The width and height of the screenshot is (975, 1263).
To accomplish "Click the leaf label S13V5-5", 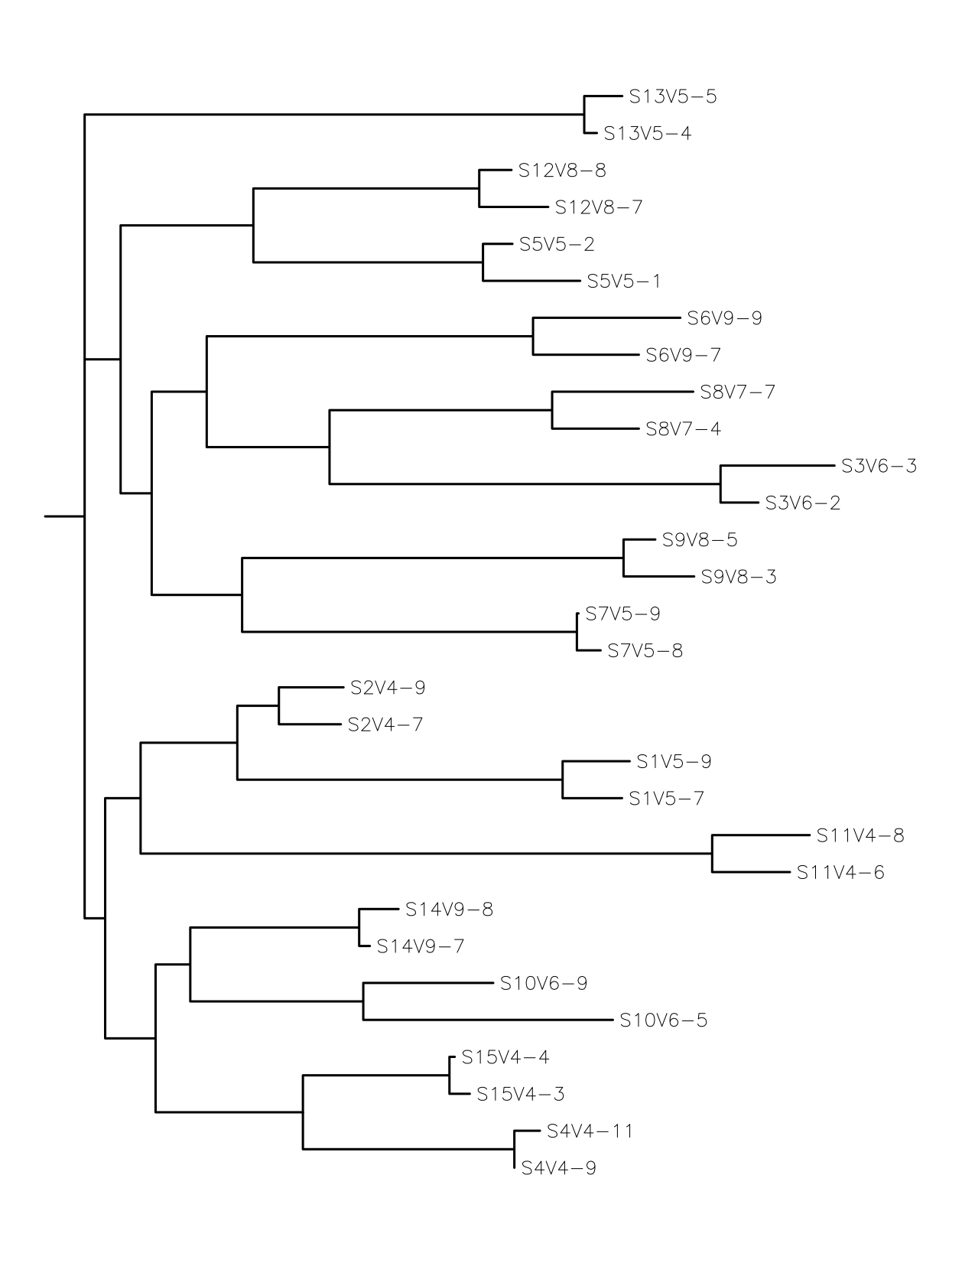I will (673, 97).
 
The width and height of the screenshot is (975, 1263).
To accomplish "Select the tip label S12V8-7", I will (599, 207).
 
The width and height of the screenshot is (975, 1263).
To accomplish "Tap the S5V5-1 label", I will (624, 282).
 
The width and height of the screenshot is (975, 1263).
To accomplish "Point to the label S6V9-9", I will (724, 318).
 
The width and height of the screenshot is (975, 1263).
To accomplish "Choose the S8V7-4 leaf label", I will (683, 429).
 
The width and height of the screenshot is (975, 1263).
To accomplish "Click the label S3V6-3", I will (879, 466).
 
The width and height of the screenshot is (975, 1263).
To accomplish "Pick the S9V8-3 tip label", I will (739, 577).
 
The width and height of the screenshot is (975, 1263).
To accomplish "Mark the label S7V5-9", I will (622, 614).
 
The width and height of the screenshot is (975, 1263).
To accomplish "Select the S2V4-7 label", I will (385, 724).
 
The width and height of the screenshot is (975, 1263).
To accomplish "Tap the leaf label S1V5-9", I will (674, 762).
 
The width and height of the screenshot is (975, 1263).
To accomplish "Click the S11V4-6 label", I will (840, 873).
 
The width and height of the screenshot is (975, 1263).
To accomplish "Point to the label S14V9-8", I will (449, 910).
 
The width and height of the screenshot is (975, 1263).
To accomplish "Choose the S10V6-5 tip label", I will (663, 1020).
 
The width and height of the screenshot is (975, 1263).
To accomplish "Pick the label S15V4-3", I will (520, 1095).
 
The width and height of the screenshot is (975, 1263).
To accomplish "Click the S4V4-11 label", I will (590, 1131).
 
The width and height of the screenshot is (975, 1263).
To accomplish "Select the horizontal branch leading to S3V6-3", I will (776, 465).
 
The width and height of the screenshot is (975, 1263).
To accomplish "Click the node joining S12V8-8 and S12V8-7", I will (479, 188).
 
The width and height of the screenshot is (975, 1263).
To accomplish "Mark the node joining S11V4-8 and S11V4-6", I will (713, 854).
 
